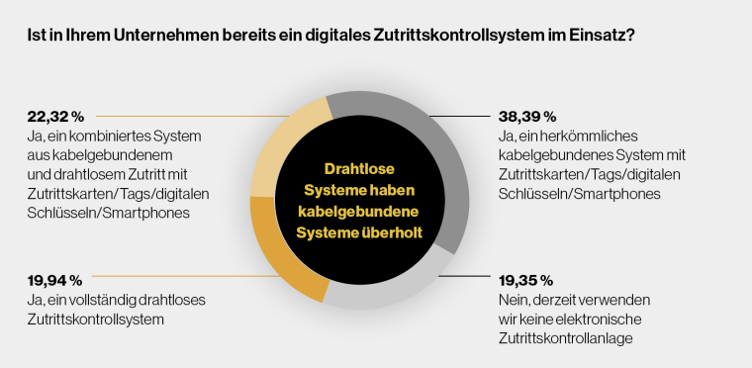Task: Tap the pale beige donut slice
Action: pyautogui.click(x=287, y=138)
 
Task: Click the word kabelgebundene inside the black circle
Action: pyautogui.click(x=360, y=211)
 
